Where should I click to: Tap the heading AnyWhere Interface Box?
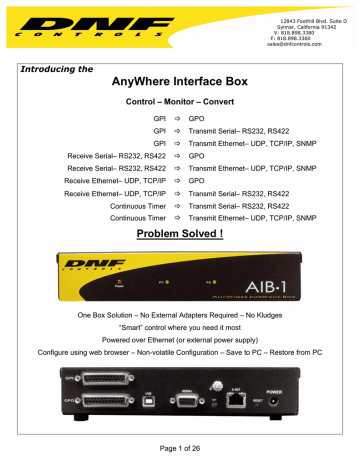[180, 84]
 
